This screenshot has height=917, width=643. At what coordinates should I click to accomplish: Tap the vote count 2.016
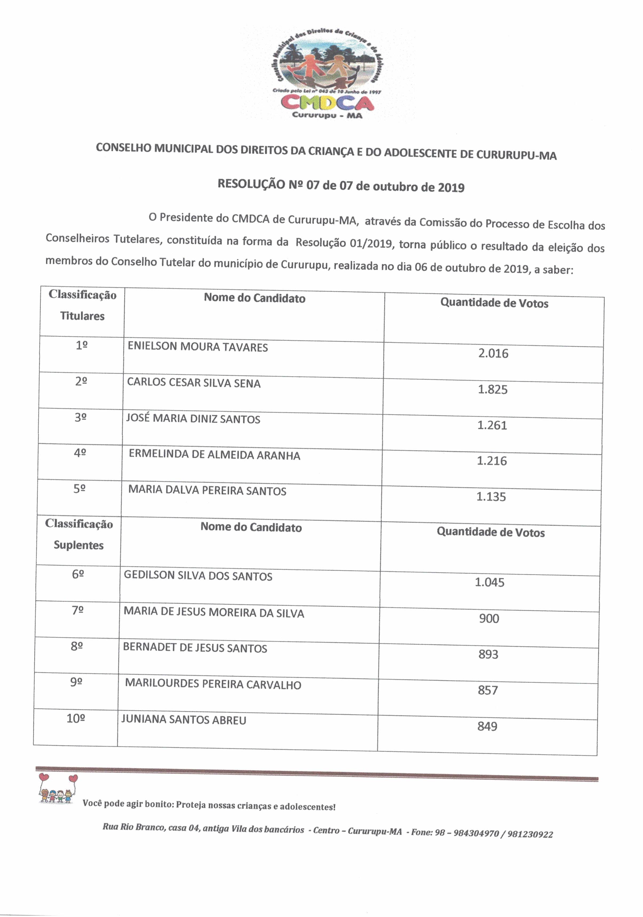(x=493, y=354)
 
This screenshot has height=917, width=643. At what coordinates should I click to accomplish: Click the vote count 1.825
(x=492, y=390)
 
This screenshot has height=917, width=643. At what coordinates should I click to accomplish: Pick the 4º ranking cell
(x=80, y=453)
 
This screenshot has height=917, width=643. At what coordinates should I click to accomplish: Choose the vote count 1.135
(x=491, y=497)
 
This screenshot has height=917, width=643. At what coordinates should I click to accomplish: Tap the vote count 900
(x=489, y=618)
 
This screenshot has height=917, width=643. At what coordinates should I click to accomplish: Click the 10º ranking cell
(x=76, y=718)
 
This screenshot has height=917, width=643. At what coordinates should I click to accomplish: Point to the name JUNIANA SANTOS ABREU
(x=183, y=720)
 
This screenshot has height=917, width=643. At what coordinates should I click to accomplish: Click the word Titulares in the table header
(x=82, y=316)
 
